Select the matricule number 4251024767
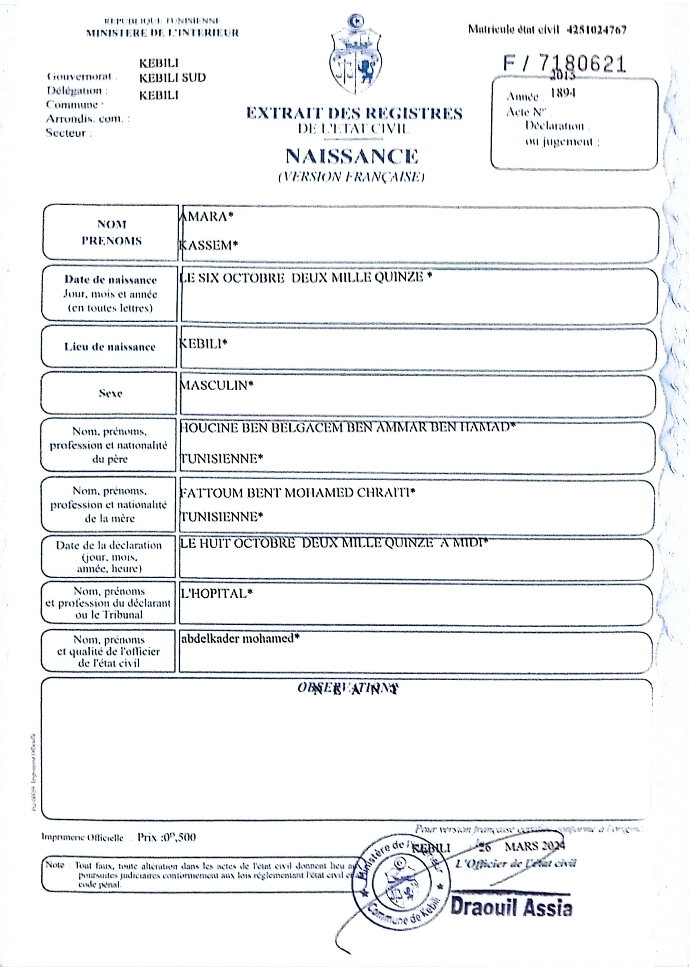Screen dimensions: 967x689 point(596,30)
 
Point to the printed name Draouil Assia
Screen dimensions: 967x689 point(511,907)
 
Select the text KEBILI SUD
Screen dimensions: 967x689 point(172,78)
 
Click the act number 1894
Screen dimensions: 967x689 point(563,93)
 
